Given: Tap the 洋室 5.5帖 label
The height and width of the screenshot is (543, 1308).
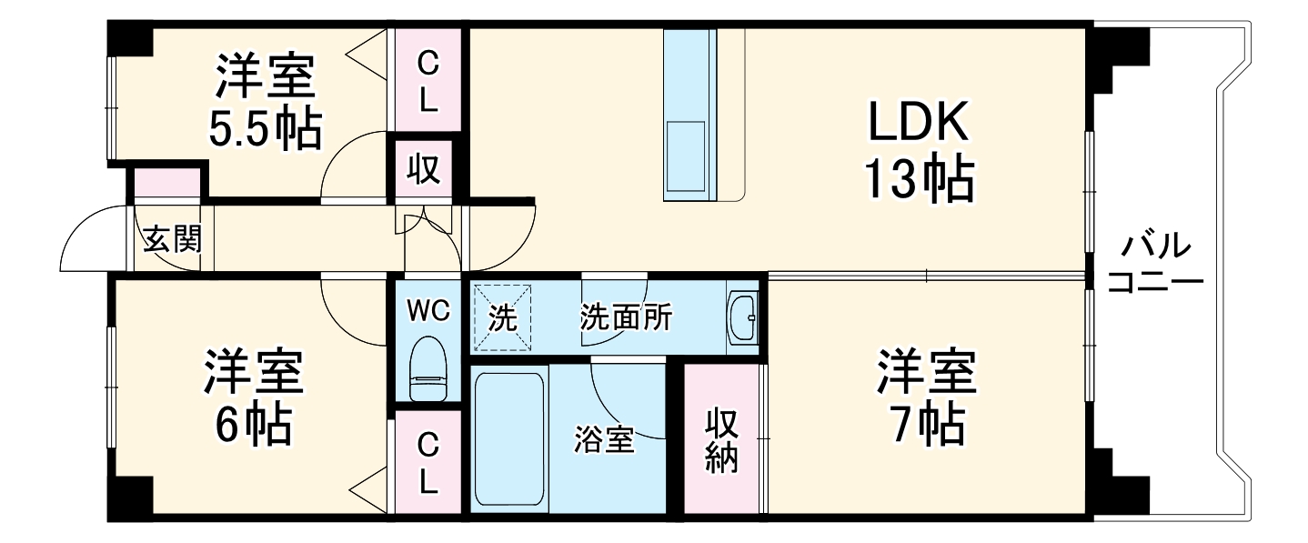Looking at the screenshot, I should click(266, 102).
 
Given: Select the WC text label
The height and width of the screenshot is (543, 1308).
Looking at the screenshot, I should click(428, 312).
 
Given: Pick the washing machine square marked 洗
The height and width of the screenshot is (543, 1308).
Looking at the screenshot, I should click(501, 317).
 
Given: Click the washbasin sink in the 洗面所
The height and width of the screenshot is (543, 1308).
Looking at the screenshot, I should click(744, 318).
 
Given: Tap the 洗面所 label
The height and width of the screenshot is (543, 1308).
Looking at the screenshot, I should click(626, 318).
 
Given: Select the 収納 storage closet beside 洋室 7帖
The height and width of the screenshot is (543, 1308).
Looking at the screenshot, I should click(722, 440).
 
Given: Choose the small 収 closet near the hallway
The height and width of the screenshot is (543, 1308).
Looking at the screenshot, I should click(424, 169).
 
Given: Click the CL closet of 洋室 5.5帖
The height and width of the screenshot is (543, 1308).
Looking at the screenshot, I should click(428, 82).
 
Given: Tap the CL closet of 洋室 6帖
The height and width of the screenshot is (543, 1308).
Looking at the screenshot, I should click(428, 463).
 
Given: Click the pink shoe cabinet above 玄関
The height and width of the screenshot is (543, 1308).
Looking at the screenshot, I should click(168, 183).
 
